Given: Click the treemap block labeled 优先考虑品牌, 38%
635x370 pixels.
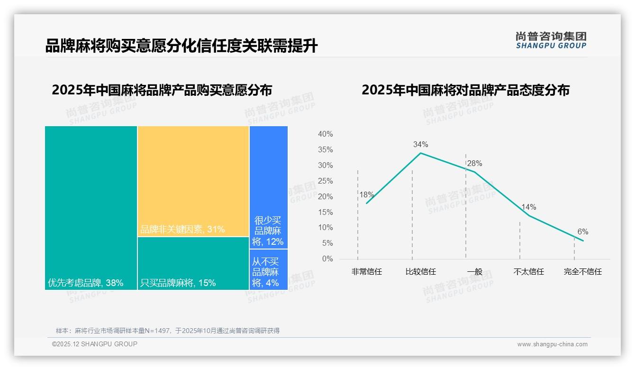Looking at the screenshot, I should (x=91, y=207).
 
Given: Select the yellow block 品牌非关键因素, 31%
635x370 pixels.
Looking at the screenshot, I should (x=193, y=181).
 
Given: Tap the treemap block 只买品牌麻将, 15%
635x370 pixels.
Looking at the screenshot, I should (x=193, y=263).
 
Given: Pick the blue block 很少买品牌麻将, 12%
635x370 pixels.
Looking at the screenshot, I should (x=268, y=187).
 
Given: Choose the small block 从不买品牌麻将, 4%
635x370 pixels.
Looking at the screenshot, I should (x=268, y=269).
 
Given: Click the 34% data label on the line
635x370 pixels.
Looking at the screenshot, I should (x=420, y=144).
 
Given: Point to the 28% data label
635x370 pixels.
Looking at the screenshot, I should (x=474, y=164).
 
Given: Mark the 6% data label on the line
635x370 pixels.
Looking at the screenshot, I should (x=582, y=232).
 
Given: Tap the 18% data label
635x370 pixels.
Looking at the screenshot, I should (x=366, y=195).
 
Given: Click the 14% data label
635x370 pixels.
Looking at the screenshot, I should (x=528, y=207).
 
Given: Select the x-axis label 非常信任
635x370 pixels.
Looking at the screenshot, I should (x=366, y=272).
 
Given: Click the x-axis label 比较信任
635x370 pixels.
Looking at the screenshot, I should (x=420, y=272).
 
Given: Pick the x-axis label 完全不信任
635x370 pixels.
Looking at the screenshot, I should (x=582, y=272).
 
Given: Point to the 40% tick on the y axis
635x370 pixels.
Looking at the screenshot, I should (x=325, y=134).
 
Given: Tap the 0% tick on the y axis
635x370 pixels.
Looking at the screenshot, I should (x=327, y=259).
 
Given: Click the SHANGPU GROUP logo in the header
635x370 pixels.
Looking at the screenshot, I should (x=551, y=40).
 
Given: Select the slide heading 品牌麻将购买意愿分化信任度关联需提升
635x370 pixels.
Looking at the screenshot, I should (x=181, y=46).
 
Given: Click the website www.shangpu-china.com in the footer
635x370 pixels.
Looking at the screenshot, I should (x=552, y=344).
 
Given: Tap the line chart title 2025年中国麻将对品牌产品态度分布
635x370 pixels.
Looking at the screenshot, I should (x=465, y=90).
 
